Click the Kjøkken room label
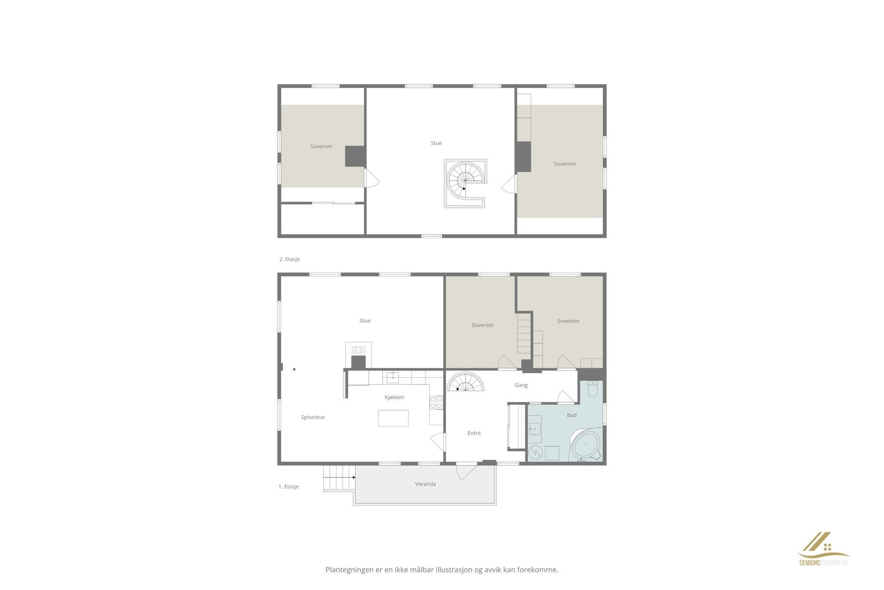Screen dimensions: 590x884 [394, 398]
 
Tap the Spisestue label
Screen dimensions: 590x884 [313, 417]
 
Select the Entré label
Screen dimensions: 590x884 [474, 434]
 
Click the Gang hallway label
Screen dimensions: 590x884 [521, 385]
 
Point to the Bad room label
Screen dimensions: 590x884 [571, 415]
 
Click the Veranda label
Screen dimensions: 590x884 [425, 484]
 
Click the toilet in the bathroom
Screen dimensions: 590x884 [592, 390]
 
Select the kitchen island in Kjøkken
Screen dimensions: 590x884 [393, 418]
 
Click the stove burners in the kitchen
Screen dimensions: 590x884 [436, 403]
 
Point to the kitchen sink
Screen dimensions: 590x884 [393, 378]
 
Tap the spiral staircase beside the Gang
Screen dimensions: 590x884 [465, 383]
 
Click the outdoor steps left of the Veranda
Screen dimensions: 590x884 [339, 477]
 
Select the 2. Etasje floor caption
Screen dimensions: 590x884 [290, 259]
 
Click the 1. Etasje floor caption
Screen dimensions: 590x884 [288, 487]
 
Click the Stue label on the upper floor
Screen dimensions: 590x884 [436, 143]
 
